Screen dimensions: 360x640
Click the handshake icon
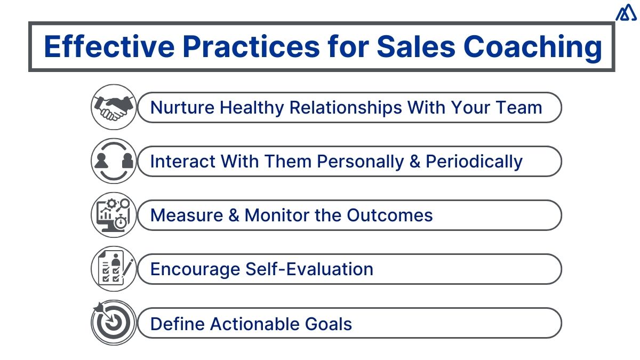click(113, 107)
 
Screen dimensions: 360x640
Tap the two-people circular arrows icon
click(113, 161)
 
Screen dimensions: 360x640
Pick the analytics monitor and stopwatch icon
click(113, 215)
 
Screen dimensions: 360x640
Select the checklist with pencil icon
click(113, 269)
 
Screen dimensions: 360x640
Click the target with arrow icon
click(113, 323)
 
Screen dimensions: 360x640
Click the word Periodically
click(474, 162)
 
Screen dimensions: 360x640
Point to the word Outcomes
click(390, 215)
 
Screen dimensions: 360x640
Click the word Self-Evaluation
click(309, 269)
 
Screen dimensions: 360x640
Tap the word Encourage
click(195, 269)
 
